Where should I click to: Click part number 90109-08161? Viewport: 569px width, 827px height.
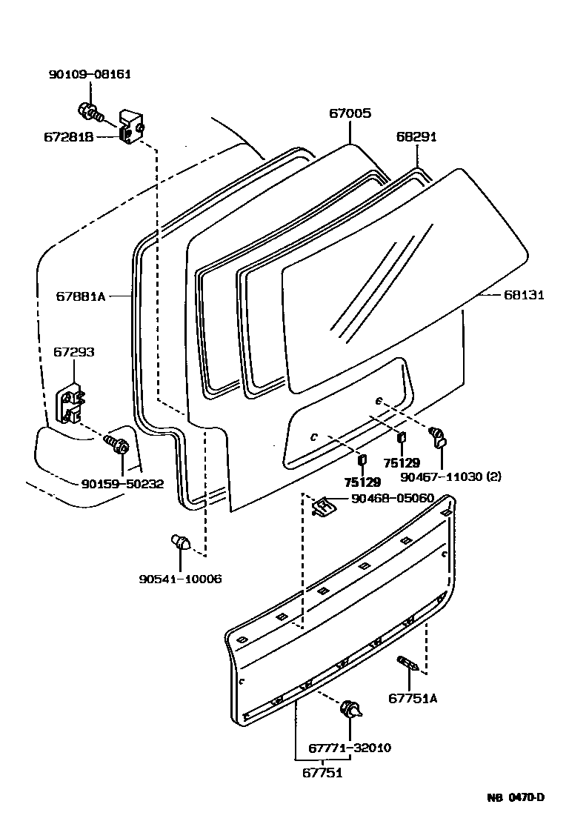click(x=91, y=74)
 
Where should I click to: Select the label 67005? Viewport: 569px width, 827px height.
click(x=350, y=113)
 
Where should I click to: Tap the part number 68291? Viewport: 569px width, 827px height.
click(x=416, y=136)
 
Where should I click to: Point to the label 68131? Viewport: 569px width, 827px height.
click(x=524, y=294)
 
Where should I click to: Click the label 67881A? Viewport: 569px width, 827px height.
click(x=81, y=296)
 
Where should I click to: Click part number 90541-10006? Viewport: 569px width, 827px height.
click(x=181, y=579)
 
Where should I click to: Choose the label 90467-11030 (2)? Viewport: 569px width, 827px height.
click(x=451, y=476)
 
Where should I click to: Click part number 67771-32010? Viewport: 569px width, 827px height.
click(x=350, y=748)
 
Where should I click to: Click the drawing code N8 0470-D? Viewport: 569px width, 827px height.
click(x=516, y=797)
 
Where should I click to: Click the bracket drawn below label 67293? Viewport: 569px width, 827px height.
click(x=70, y=403)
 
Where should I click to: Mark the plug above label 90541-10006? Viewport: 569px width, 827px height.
click(x=180, y=543)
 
